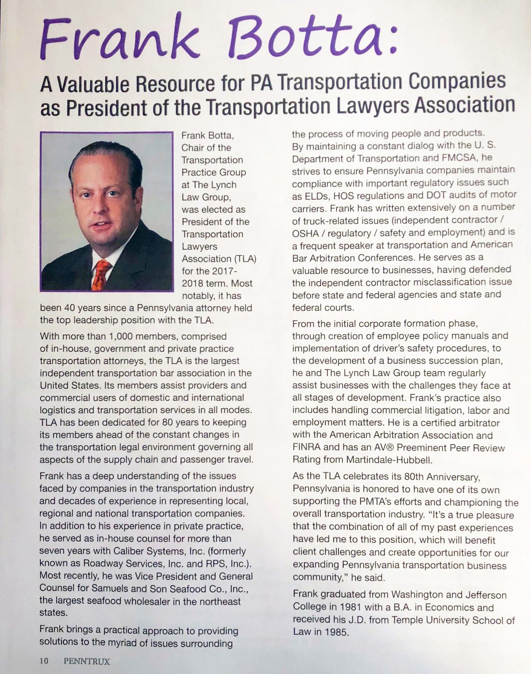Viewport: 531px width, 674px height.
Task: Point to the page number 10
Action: click(44, 661)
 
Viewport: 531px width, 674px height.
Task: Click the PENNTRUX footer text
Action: click(87, 661)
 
